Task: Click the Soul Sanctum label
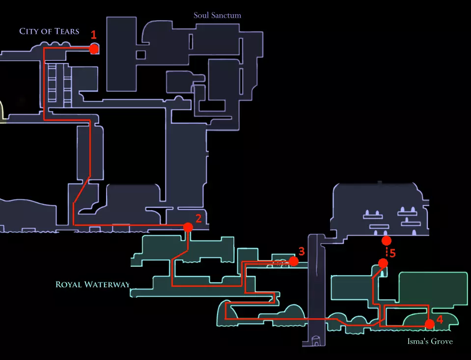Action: (x=217, y=15)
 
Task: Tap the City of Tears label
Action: (x=49, y=31)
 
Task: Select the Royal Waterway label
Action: (x=92, y=284)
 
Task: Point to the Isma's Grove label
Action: (x=430, y=341)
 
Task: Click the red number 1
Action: (x=94, y=35)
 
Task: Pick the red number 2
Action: (x=198, y=219)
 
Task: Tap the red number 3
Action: (x=302, y=251)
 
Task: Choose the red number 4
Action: (x=440, y=320)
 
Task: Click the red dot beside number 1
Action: (x=94, y=49)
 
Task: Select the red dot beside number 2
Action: (x=188, y=227)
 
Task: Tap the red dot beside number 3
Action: (x=294, y=261)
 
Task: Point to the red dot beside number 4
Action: (x=430, y=324)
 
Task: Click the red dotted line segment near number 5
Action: (x=387, y=252)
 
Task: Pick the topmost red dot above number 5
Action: (x=387, y=241)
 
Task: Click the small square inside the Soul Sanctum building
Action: (x=141, y=54)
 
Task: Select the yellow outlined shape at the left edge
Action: (x=1, y=111)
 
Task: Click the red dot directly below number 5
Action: (x=383, y=263)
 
